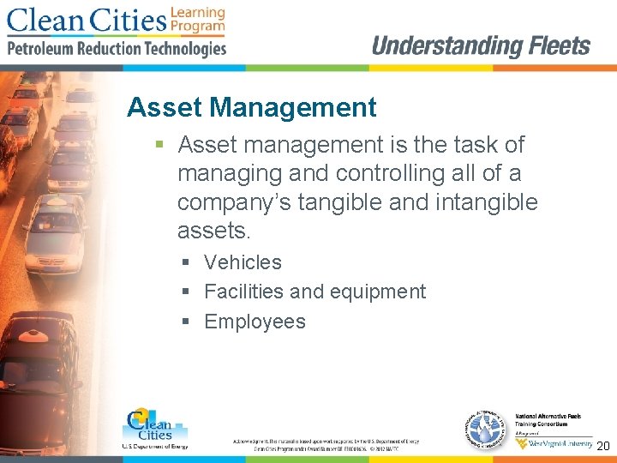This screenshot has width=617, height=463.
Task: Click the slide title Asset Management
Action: click(x=251, y=107)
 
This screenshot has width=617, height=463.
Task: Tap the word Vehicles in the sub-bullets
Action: click(x=243, y=262)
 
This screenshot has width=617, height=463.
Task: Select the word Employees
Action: click(x=255, y=322)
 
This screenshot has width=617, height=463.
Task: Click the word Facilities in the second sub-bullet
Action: click(x=243, y=292)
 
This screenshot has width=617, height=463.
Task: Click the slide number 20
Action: click(x=602, y=447)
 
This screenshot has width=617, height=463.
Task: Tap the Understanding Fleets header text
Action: click(x=481, y=46)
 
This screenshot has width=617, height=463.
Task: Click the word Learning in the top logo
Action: click(x=198, y=13)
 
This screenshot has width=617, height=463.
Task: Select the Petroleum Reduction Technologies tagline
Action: click(x=117, y=49)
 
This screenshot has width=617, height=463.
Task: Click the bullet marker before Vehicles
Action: click(x=186, y=263)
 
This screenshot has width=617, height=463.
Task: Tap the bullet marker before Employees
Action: click(x=186, y=322)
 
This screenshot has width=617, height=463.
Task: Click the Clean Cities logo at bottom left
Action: click(x=154, y=427)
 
